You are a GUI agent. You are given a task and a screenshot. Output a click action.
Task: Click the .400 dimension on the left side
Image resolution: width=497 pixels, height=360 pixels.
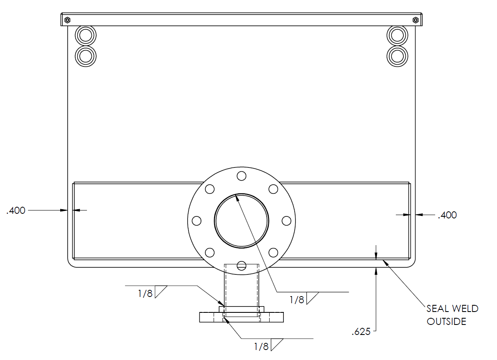[16, 210]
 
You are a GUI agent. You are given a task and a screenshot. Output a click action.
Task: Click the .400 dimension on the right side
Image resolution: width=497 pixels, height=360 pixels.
[447, 215]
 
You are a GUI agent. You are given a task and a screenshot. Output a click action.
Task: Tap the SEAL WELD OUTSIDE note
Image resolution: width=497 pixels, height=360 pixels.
[452, 315]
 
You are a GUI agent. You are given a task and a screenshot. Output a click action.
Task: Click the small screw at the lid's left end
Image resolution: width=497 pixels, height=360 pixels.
[67, 20]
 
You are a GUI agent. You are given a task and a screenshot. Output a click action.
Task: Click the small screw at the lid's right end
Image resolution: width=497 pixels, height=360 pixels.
[415, 20]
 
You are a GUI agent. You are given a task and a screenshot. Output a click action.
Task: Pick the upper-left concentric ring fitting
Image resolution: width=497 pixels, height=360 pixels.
[85, 36]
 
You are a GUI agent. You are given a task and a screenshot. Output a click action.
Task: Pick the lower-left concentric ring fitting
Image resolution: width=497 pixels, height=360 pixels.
[85, 56]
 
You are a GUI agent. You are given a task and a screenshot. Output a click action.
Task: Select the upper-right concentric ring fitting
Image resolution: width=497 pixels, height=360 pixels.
[398, 35]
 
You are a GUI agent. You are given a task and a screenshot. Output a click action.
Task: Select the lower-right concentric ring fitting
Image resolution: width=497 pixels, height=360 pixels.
[398, 56]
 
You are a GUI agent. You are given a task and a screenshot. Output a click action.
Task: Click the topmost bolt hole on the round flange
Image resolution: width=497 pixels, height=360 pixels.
[241, 175]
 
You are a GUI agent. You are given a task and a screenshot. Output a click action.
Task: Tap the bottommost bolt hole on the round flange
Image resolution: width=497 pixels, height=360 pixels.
[241, 265]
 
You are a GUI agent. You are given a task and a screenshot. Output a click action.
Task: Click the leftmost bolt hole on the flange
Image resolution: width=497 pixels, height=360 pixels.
[196, 221]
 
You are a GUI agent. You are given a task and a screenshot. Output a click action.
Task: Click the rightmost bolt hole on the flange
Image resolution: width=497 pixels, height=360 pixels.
[286, 221]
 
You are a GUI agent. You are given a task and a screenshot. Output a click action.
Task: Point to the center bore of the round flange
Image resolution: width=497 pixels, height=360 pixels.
[242, 221]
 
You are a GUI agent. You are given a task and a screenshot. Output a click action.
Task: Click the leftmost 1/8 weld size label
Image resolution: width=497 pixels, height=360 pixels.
[145, 294]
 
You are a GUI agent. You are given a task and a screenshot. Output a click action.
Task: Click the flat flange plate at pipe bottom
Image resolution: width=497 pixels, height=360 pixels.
[242, 317]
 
